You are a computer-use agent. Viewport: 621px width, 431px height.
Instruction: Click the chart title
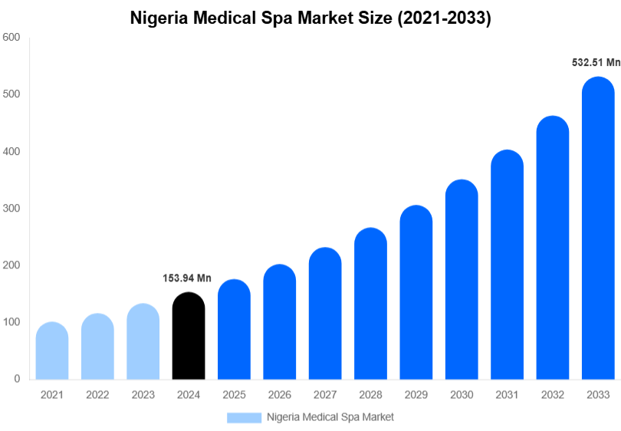point(310,18)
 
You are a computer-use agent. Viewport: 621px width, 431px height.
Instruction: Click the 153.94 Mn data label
point(187,278)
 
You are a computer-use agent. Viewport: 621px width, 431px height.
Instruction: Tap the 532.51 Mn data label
point(596,63)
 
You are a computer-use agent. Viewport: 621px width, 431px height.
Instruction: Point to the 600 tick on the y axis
point(11,37)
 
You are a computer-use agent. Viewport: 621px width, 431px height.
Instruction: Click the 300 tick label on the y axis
point(11,208)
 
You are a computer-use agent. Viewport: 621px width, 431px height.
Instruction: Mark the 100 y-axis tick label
point(11,322)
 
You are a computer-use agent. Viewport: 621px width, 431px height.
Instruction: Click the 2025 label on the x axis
point(234,395)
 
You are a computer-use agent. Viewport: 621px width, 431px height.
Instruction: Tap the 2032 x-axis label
point(552,395)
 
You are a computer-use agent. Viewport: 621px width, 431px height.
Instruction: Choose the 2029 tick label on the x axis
point(416,395)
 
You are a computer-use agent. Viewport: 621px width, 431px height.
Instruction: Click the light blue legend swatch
point(244,417)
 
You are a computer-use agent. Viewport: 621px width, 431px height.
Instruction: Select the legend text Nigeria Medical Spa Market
point(330,417)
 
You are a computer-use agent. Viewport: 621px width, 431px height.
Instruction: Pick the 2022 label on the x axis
point(97,395)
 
